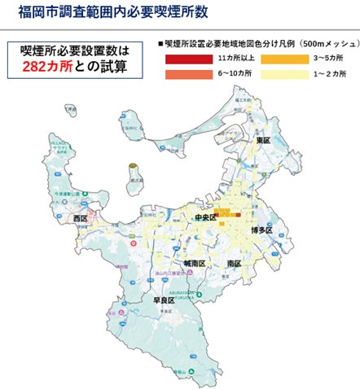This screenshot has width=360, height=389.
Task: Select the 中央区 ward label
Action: (x=203, y=218)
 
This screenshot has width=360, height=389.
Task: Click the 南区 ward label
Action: (x=235, y=264)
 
